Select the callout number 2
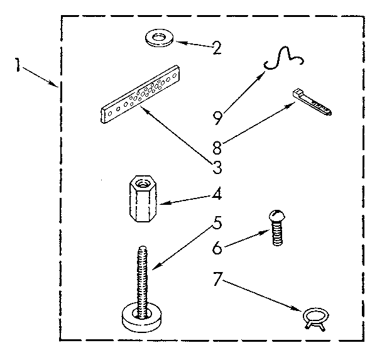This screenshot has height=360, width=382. [216, 48]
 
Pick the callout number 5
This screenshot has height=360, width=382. [217, 223]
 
